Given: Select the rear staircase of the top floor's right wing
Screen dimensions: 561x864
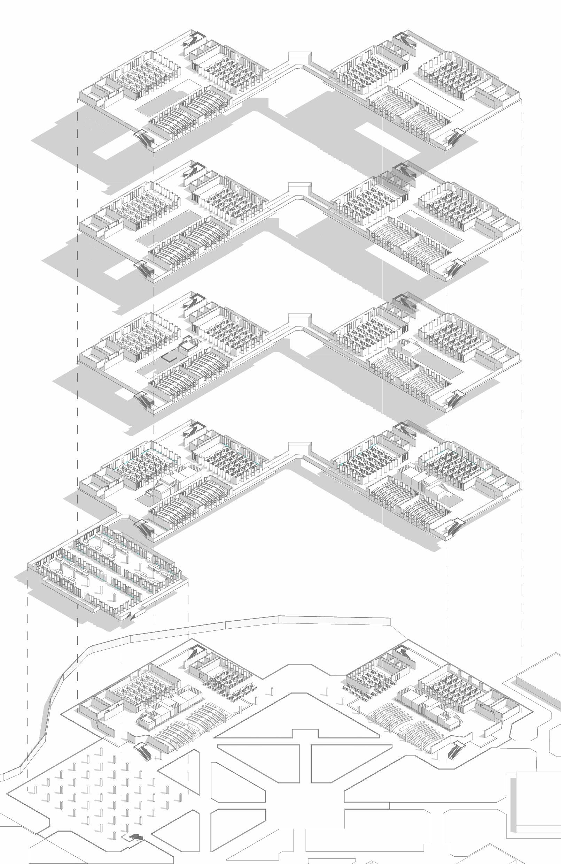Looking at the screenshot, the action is point(404,39).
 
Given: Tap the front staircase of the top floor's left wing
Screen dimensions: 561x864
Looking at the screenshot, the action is point(144,139).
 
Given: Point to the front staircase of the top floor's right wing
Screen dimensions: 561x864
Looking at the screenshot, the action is point(453,137).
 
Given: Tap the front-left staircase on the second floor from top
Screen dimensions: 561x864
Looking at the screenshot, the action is point(144,270).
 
